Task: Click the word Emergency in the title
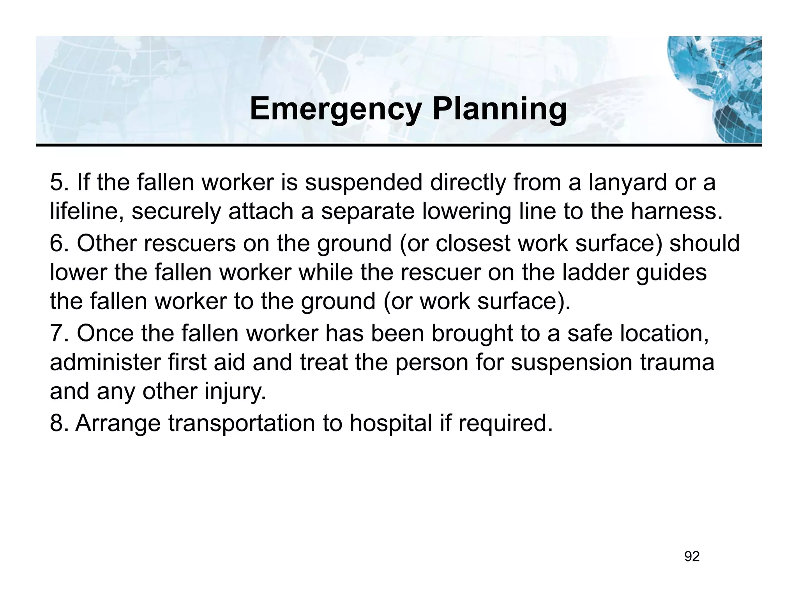tap(335, 109)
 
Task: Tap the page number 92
tap(692, 557)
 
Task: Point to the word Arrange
tap(118, 423)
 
